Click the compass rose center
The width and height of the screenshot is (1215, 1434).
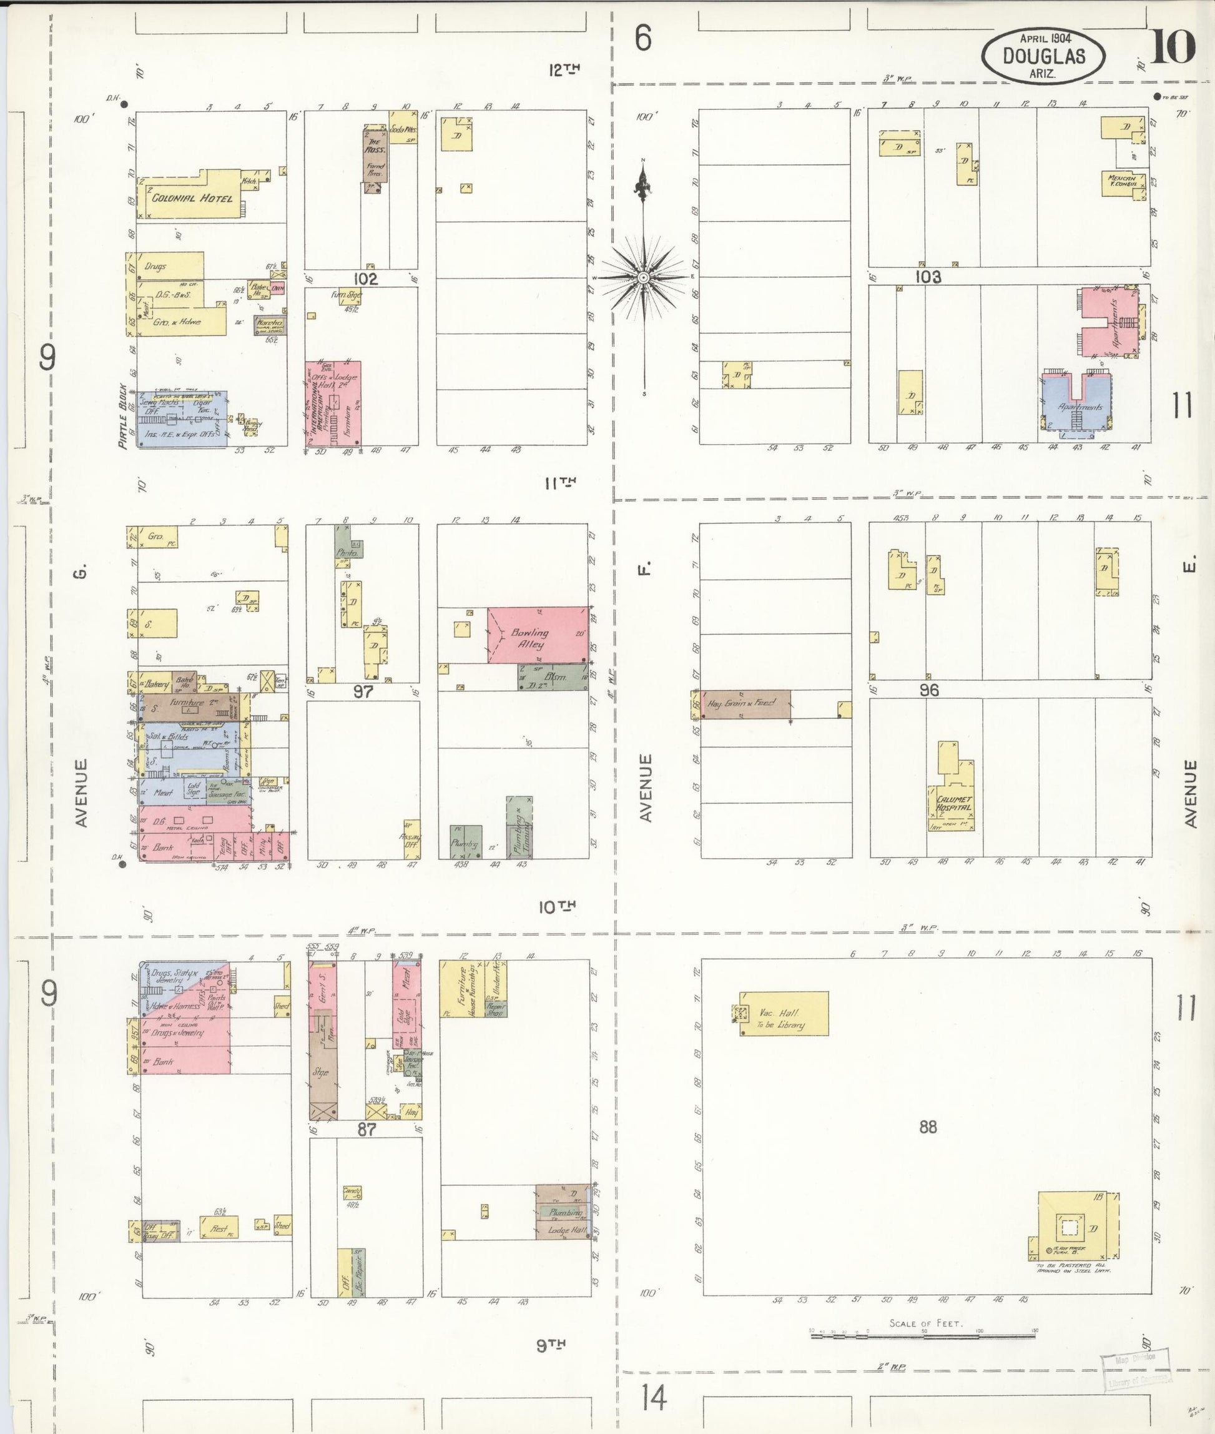642,277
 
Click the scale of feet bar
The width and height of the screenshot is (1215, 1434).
923,1335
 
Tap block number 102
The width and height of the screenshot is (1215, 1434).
365,279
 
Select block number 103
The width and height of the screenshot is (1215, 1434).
928,277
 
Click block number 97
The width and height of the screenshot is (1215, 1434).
363,691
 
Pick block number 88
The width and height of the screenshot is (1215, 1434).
928,1127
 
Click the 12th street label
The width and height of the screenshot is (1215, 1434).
564,69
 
